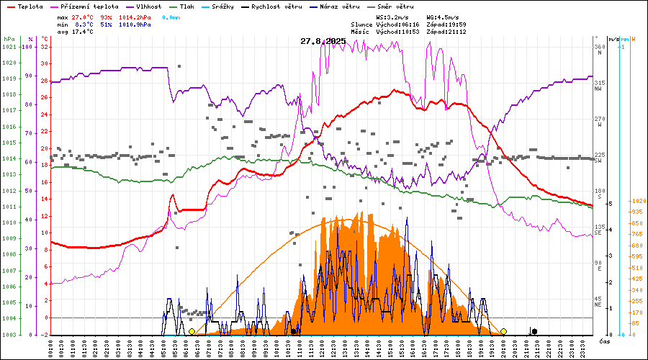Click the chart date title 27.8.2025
(323, 41)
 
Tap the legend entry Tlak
(186, 6)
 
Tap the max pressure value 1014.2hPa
(135, 17)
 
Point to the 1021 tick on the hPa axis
(9, 47)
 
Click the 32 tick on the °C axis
(44, 47)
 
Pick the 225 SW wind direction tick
(598, 156)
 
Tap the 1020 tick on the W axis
(636, 201)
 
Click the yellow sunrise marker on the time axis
(192, 331)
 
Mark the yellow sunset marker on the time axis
(504, 331)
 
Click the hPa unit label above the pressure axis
(9, 39)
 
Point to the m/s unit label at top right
(613, 39)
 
